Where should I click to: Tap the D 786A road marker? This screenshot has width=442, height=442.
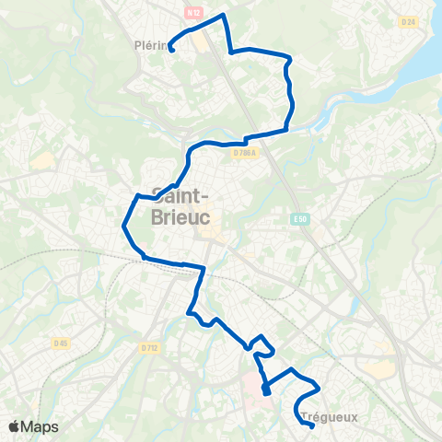(x=244, y=154)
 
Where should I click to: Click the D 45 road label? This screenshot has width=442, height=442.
(x=61, y=343)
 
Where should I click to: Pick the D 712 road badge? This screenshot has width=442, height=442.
(x=151, y=347)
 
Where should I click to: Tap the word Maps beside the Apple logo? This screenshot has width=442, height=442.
(x=41, y=426)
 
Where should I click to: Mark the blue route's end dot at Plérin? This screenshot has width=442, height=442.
(x=172, y=50)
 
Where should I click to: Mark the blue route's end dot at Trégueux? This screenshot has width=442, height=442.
(x=312, y=425)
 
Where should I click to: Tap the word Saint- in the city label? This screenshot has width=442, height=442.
(x=180, y=195)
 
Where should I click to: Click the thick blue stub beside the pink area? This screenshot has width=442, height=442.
(x=265, y=390)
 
